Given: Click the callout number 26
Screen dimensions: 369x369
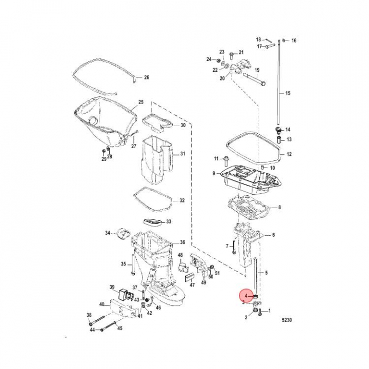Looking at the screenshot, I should click(146, 77).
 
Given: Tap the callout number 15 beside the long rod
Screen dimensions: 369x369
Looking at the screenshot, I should click(288, 93).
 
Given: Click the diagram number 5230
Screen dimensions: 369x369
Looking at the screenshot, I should click(289, 320).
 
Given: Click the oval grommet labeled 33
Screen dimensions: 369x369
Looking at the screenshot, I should click(154, 222).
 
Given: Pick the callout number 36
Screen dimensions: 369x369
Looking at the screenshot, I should click(182, 242).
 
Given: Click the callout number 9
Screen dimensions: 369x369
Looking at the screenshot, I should click(214, 174).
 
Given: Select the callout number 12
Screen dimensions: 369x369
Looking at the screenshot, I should click(289, 154).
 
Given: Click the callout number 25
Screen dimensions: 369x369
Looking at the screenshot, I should click(141, 102).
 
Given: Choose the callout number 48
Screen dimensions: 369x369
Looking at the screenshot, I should click(180, 255).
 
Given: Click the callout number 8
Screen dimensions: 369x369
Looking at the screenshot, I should click(279, 208).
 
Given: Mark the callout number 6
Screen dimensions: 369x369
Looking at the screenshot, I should click(273, 235).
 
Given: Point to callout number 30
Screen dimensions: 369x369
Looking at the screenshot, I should click(182, 126).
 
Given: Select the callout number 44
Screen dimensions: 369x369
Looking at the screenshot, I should click(93, 330).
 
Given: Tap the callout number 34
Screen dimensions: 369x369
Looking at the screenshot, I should click(108, 233).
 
